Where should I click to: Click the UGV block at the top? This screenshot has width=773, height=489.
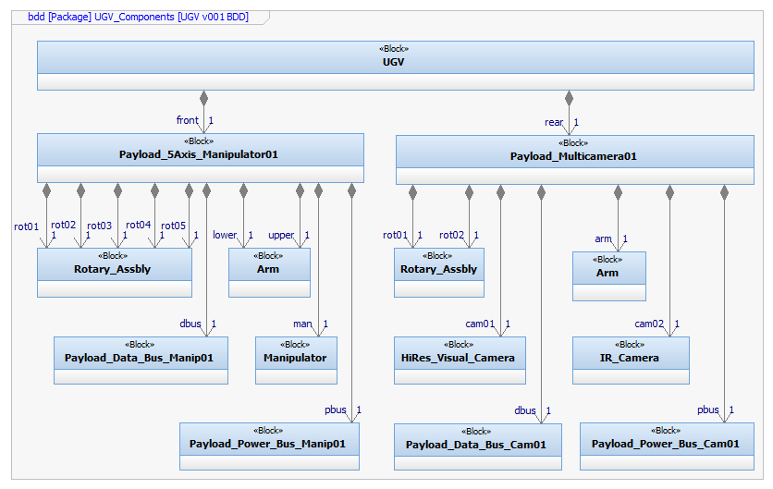pos(395,63)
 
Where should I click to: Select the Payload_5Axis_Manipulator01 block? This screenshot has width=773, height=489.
pos(199,154)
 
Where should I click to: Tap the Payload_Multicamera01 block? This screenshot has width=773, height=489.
pos(574,156)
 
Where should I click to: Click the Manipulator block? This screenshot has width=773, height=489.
pos(295,358)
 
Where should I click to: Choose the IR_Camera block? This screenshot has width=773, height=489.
pos(631,358)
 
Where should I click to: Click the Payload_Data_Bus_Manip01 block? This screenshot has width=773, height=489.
pos(140,358)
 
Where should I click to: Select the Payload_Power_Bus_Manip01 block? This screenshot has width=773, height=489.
pos(268,444)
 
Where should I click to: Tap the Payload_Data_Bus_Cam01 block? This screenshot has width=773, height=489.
pos(476,445)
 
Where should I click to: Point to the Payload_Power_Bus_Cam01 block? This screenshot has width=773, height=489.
pos(666,444)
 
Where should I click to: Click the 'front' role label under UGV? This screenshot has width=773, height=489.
pos(187,120)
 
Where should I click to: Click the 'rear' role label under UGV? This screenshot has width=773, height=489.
pos(554,122)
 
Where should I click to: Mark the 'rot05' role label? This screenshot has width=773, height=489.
pos(174,226)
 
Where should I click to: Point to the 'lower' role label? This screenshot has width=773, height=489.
pos(225,235)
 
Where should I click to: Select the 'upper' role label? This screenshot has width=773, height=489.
pos(281,235)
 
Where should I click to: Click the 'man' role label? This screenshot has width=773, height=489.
pos(302,324)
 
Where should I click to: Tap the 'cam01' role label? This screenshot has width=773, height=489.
pos(480,324)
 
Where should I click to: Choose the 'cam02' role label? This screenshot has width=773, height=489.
pos(649,324)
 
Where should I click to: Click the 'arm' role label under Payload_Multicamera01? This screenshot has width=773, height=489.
pos(604,239)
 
